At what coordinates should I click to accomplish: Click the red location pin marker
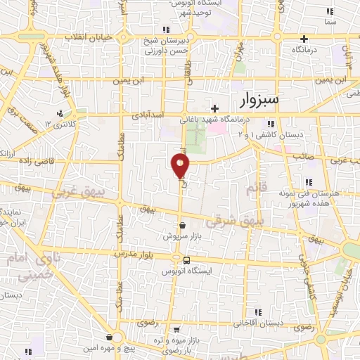coord(180,166)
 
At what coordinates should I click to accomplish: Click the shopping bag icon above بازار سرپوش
coord(183,225)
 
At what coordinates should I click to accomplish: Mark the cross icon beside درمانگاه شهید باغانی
coord(214,108)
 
